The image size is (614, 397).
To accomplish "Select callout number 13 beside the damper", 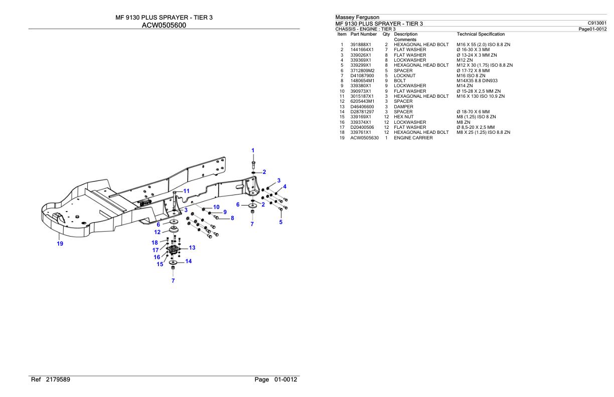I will tap(192, 248).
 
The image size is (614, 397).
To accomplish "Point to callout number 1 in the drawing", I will tap(253, 150).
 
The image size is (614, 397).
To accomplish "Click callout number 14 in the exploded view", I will tap(188, 261).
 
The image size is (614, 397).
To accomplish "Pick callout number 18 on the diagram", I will tap(155, 243).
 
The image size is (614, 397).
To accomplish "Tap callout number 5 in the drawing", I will tap(281, 222).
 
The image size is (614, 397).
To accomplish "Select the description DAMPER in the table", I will tap(404, 106).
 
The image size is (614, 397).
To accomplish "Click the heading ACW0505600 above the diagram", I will tap(164, 26).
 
